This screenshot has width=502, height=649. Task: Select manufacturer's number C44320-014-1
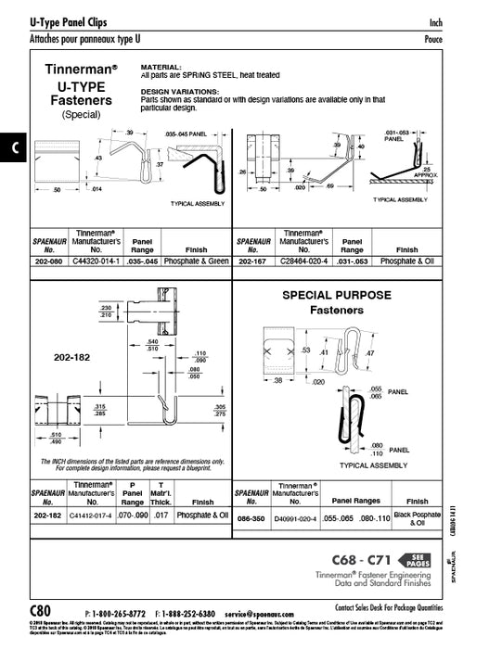pos(95,261)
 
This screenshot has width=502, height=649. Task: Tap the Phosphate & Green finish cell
pos(191,261)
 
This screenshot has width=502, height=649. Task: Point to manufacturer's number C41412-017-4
pos(95,514)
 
